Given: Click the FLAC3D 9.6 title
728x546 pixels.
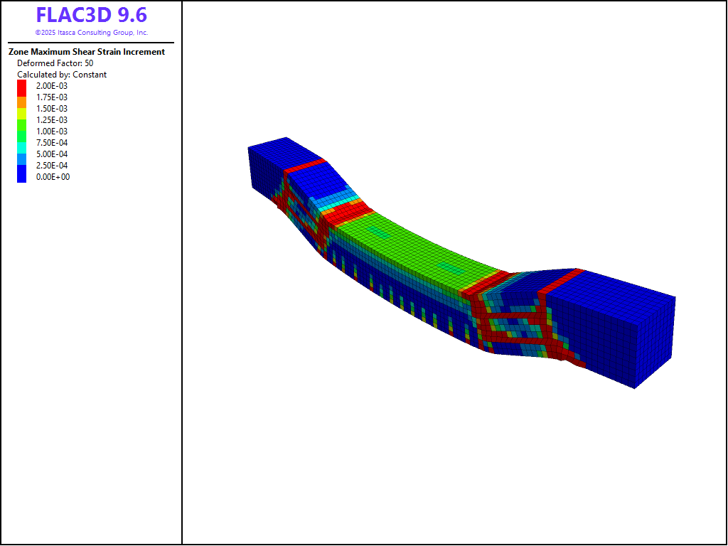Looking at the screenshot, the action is tap(92, 15).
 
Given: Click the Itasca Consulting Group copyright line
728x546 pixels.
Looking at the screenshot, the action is tap(92, 33).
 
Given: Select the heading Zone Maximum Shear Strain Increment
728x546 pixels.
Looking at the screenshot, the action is tap(87, 52).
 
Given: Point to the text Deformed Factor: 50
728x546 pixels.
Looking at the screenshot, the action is tap(55, 63).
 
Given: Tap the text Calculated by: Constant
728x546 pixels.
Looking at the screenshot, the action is tap(62, 74).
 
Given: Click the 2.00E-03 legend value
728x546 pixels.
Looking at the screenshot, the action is tap(51, 86).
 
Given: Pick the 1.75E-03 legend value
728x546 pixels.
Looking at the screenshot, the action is tap(51, 97).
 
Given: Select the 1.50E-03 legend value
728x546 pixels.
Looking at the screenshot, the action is tap(51, 109).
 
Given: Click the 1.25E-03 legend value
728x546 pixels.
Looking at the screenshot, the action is tap(51, 119).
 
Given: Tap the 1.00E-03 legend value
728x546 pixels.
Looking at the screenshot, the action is tap(51, 132).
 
